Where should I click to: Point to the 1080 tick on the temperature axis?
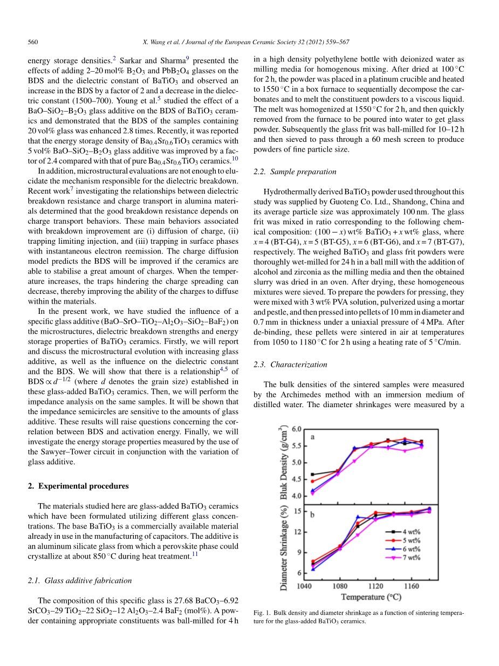pos(339,585)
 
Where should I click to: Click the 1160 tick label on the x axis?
pos(411,585)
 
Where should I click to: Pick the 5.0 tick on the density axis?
pos(297,463)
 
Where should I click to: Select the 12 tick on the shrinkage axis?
pos(298,532)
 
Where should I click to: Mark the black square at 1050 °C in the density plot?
pos(313,475)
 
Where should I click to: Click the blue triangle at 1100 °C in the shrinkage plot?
pos(358,517)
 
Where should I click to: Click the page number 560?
pos(33,42)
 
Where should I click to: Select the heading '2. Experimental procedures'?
pos(78,486)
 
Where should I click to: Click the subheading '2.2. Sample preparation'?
pos(295,171)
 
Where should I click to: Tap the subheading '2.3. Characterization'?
pos(290,365)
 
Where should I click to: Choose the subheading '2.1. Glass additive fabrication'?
pos(79,580)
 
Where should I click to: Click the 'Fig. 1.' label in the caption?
pos(262,613)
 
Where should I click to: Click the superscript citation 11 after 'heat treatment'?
pos(195,554)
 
